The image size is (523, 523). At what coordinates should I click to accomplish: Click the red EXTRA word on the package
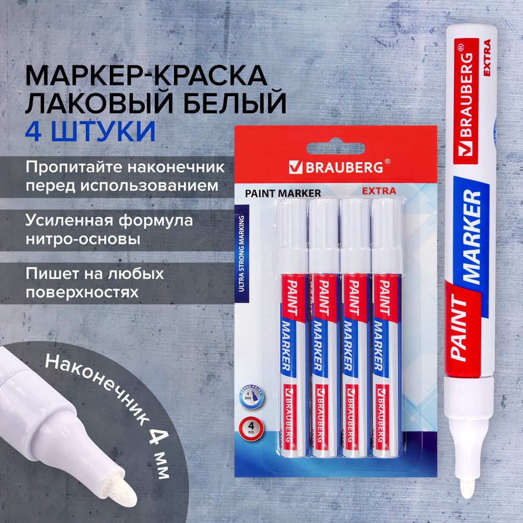pyautogui.click(x=379, y=191)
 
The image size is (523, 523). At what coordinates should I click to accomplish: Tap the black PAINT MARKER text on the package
pyautogui.click(x=282, y=193)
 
